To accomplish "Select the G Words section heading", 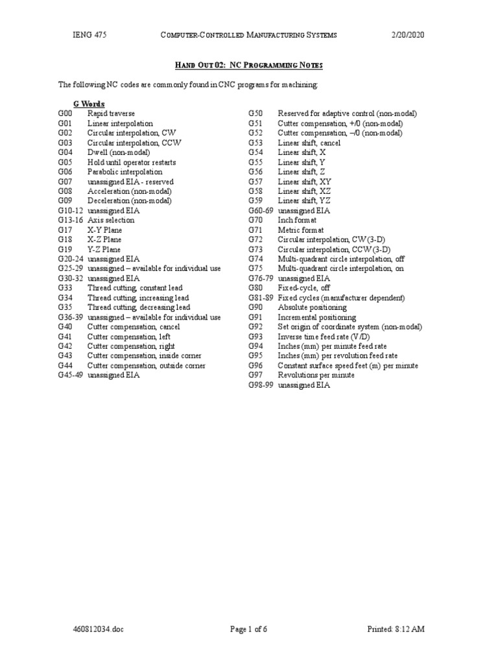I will coord(89,104).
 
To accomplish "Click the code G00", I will coord(65,113).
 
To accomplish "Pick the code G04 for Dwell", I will coord(65,152).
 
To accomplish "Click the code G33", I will coord(65,288).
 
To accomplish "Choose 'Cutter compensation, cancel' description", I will coord(133,327).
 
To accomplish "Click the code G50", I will coord(255,113).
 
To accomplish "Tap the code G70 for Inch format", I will coord(255,220).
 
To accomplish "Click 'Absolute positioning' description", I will coord(312,307).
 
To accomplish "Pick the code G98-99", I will coord(261,385).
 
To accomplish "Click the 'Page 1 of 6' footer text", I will coord(249,630).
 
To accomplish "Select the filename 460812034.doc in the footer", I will coord(97,630).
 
